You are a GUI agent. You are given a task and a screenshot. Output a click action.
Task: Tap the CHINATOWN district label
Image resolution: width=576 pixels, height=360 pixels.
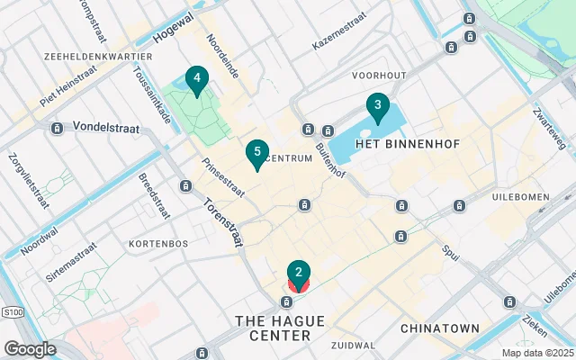point(440,328)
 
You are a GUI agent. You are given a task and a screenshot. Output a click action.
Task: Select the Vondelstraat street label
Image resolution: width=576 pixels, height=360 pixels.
point(106,129)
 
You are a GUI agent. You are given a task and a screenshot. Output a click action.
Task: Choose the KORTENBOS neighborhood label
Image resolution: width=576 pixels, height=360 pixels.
point(157,244)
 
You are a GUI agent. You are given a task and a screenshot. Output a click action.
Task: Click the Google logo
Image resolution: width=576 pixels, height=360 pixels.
point(30,348)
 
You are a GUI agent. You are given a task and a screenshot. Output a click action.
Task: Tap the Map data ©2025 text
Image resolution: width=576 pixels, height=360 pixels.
point(536,353)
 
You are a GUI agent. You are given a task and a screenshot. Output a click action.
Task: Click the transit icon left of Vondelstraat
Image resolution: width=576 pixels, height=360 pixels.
point(57,129)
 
